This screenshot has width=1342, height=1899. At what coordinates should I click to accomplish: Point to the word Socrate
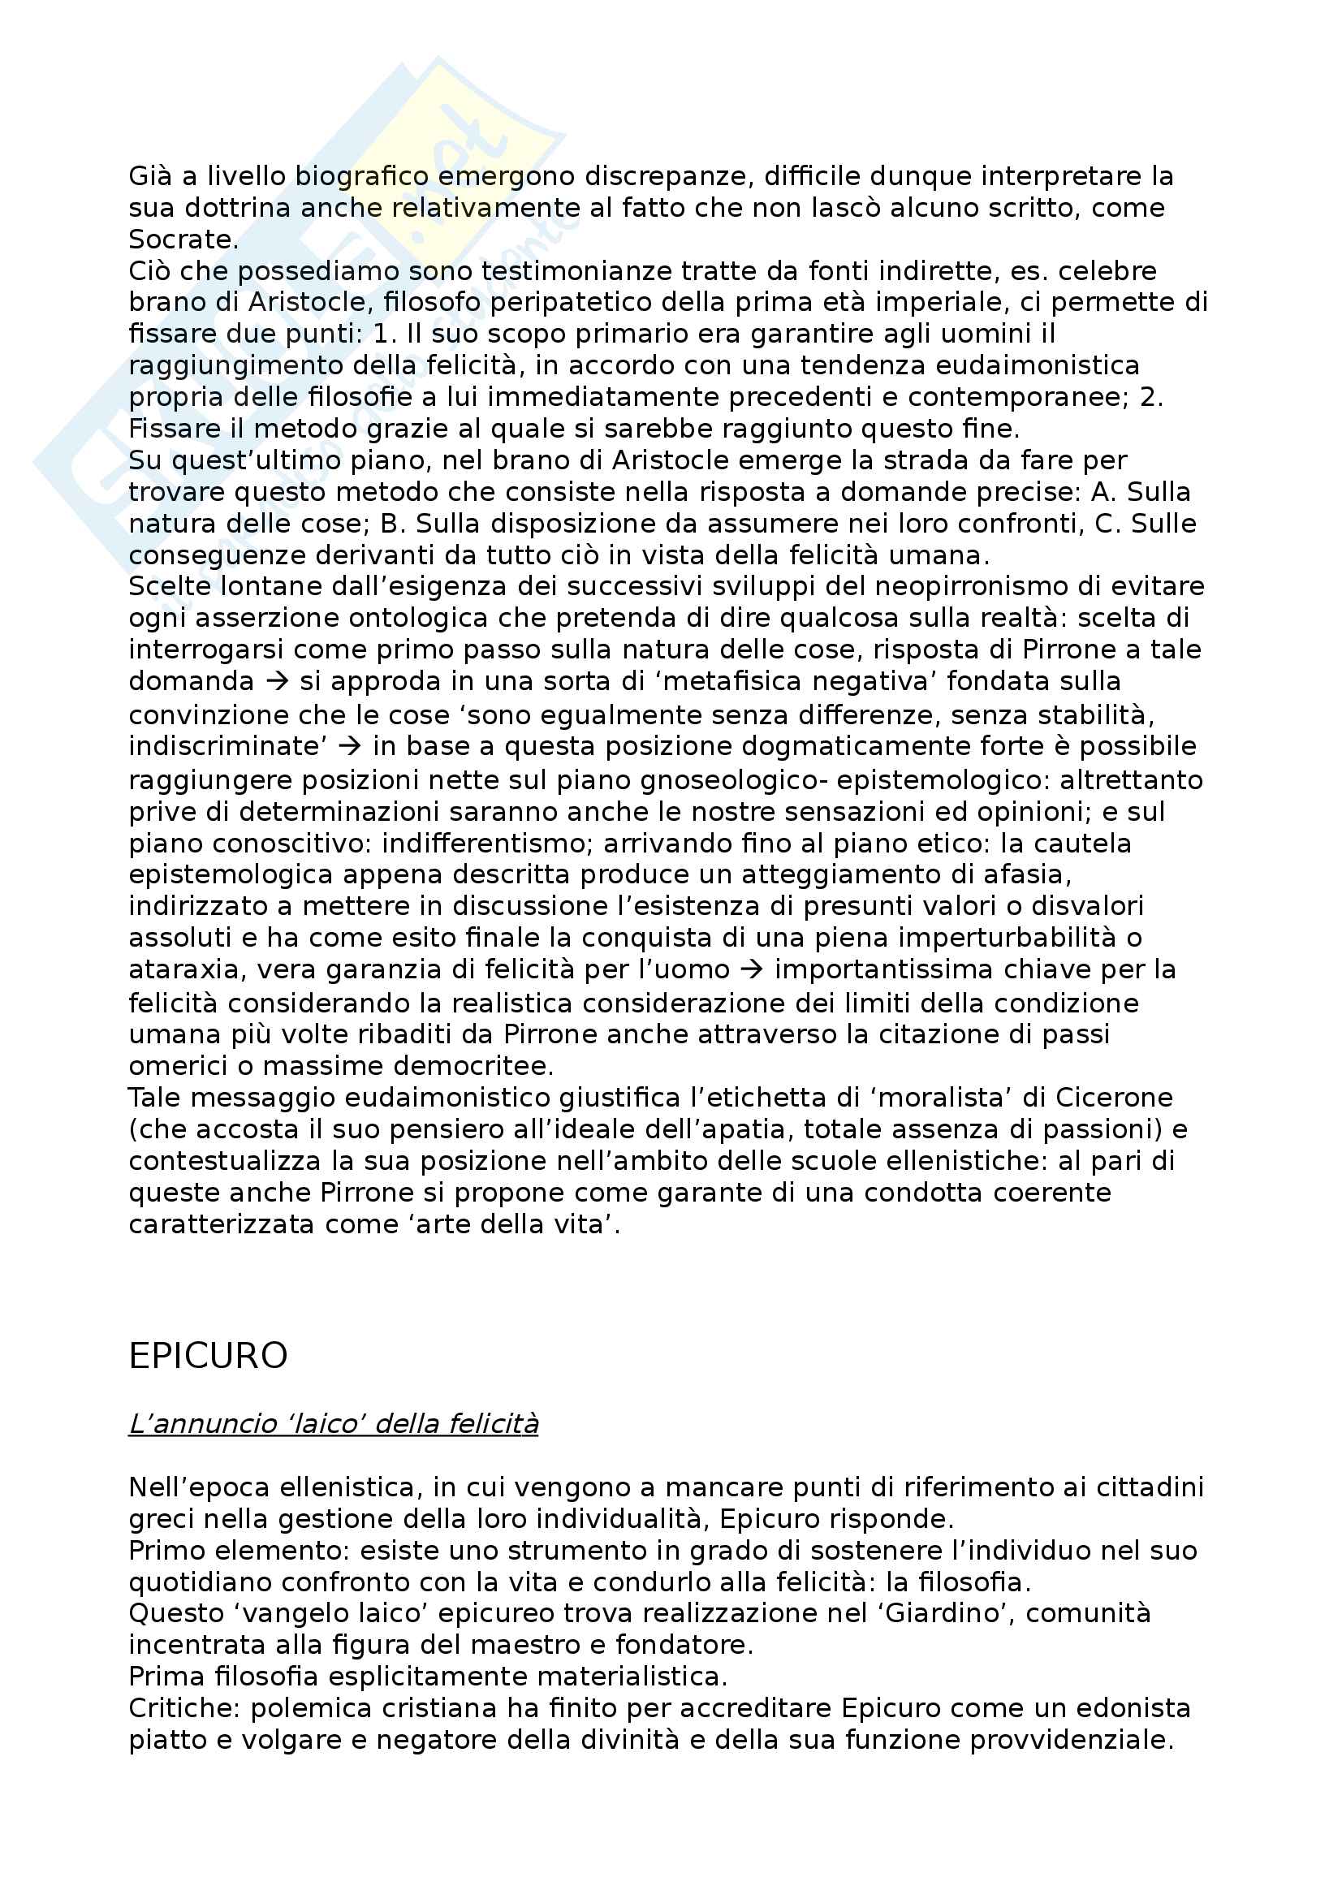point(183,240)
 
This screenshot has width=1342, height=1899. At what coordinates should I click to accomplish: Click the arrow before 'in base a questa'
point(350,746)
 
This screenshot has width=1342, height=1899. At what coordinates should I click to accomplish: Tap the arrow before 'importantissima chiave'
point(752,969)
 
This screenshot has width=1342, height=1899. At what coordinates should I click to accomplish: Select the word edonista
point(1123,1708)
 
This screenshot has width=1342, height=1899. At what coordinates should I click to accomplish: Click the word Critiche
point(181,1708)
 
